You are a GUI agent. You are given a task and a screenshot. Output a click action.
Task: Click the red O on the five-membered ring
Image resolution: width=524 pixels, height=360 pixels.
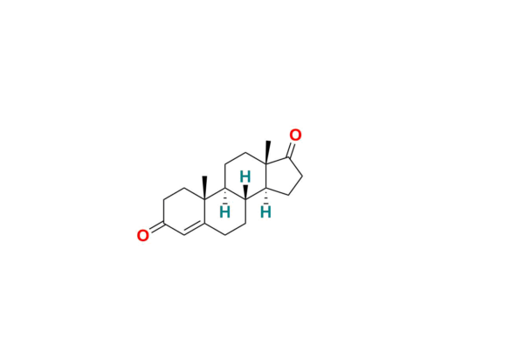295,135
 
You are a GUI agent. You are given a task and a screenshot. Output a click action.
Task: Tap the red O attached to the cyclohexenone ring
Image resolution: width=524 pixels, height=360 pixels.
143,235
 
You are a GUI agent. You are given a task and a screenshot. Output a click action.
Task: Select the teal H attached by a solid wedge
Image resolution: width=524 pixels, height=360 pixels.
245,177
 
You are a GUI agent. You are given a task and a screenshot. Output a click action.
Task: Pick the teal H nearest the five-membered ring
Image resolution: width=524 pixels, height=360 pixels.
265,212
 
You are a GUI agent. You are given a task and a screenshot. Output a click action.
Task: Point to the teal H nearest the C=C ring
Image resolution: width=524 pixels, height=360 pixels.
225,212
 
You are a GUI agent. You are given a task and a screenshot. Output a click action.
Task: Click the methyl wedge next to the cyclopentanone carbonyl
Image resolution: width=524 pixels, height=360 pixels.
267,152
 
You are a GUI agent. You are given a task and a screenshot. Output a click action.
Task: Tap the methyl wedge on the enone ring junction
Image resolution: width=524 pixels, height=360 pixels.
204,188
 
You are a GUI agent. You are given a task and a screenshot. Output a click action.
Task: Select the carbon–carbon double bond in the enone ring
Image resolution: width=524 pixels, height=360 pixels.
194,228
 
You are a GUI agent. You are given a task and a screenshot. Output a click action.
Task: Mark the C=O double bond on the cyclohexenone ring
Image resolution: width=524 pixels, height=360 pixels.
156,227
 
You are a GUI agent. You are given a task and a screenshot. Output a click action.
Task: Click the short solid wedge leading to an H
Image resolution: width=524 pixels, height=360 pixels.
245,192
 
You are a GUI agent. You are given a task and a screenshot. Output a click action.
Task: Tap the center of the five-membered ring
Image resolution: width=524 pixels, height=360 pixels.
283,178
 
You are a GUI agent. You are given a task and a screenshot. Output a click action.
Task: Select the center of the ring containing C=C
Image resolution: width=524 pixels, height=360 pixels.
184,212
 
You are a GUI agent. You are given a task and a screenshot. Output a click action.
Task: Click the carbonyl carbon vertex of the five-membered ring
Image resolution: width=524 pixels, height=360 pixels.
289,157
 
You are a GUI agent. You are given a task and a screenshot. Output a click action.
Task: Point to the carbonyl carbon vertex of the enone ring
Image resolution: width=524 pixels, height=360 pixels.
164,224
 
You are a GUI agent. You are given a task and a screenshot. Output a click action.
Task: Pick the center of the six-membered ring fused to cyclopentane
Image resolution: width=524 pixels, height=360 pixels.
245,177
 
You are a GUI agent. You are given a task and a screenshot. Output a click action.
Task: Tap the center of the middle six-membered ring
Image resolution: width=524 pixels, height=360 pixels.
225,212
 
